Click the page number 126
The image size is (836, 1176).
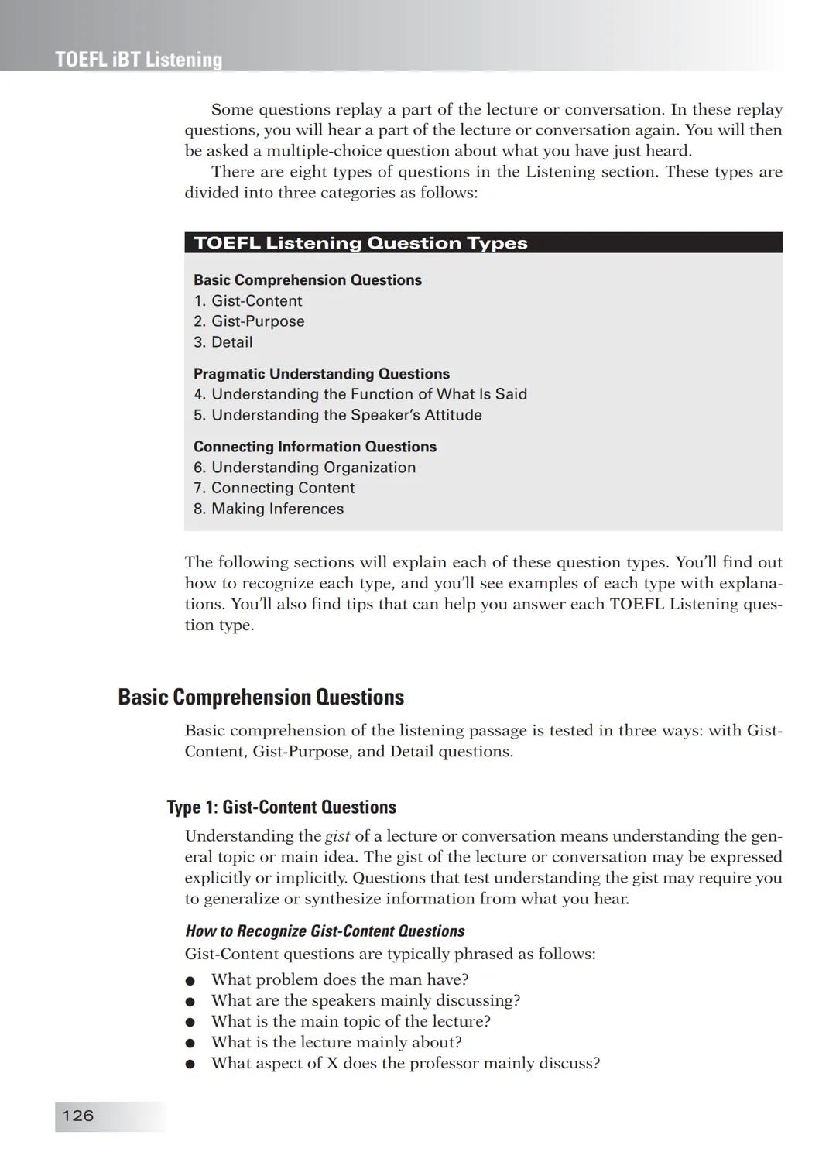point(77,1116)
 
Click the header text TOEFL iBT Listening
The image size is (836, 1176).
point(139,60)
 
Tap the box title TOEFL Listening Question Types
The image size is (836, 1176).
point(360,243)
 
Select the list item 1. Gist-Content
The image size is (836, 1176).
point(248,300)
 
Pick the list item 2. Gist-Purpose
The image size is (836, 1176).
point(248,321)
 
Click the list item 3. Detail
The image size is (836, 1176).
point(223,342)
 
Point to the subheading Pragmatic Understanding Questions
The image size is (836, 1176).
point(321,374)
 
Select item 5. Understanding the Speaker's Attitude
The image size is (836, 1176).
point(337,415)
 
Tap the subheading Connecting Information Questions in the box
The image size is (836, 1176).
point(314,447)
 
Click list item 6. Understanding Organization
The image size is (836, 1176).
point(304,468)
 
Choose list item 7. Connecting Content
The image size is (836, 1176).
point(274,489)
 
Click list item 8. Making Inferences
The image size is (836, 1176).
point(269,509)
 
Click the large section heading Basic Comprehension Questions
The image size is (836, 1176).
point(260,698)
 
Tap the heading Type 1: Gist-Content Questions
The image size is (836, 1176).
point(281,807)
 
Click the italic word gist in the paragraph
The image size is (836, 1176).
point(337,837)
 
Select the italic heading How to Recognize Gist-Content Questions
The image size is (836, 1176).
point(324,931)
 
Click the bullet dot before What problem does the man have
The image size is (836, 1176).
point(190,981)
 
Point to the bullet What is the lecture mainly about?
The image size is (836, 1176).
point(336,1042)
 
